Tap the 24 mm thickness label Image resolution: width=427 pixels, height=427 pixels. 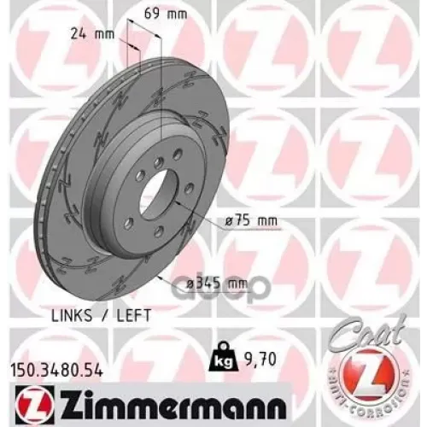pos(86,35)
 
